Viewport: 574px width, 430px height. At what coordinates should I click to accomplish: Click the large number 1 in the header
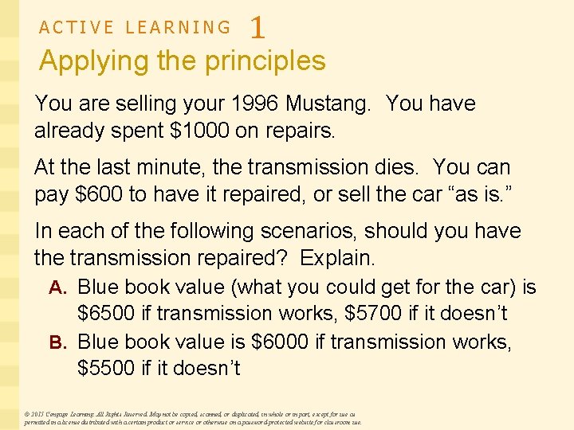click(258, 28)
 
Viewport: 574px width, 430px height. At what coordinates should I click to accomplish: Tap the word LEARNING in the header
click(179, 27)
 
